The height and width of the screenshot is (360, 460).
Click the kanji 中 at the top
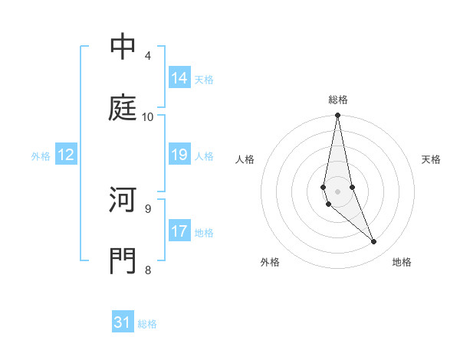coord(123,47)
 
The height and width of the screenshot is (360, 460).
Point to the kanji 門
coord(123,260)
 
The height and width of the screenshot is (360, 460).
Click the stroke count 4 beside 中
coord(147,56)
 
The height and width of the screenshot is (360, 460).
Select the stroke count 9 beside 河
coord(147,208)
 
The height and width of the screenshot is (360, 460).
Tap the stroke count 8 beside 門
coord(147,269)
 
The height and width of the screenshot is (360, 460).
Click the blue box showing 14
coord(179,77)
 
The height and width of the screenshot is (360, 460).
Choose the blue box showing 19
coord(179,155)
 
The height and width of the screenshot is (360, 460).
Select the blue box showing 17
coord(179,231)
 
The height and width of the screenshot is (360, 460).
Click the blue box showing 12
coord(66,155)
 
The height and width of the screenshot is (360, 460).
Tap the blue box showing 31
coord(123,322)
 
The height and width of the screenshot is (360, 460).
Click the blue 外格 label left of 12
coord(41,156)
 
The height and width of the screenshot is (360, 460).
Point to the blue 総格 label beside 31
coord(147,324)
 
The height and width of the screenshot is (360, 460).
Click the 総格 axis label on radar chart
coord(338,100)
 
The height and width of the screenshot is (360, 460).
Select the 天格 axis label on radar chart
coord(432,159)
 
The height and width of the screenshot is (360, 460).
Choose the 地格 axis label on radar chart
coord(402,262)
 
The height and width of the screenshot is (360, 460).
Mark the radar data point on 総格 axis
coord(338,116)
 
